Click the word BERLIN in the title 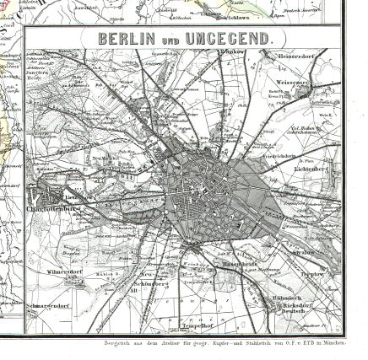click(127, 38)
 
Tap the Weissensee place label click(293, 84)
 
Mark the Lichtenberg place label click(312, 169)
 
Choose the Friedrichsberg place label click(279, 156)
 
